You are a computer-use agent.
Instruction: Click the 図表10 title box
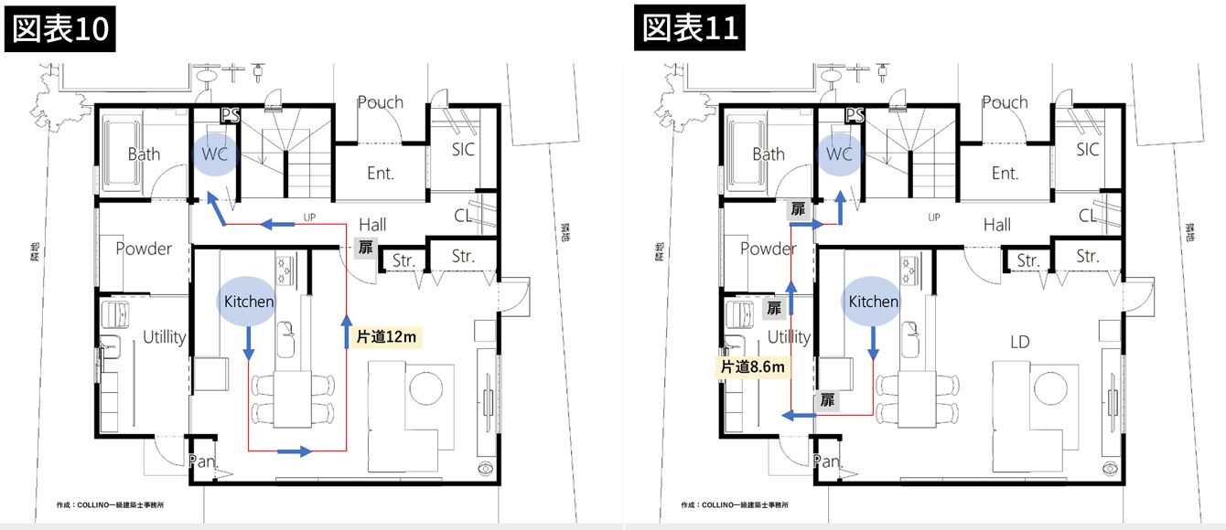pos(59,29)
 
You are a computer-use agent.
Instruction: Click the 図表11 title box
pos(690,27)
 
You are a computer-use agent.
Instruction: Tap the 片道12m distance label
pos(386,336)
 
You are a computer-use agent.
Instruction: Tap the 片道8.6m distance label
pos(753,366)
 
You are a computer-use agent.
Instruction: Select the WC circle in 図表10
pos(215,154)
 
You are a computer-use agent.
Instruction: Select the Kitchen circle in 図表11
pos(874,301)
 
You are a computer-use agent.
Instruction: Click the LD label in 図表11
pos(1020,342)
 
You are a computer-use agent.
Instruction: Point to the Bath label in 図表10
pos(144,154)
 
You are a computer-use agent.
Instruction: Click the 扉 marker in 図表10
pos(366,248)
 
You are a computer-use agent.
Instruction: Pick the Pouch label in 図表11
pos(1005,102)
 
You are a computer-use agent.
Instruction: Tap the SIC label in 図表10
pos(463,149)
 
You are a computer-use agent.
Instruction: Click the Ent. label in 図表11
pos(1005,174)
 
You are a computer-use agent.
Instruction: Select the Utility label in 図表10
pos(164,336)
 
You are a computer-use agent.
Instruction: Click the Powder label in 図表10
pos(144,249)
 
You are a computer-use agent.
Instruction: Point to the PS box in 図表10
pos(231,115)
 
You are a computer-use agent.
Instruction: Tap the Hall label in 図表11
pos(996,225)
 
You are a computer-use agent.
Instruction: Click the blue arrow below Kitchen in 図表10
pos(249,344)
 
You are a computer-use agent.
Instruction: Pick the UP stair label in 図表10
pos(309,217)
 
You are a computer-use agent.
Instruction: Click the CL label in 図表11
pos(1087,216)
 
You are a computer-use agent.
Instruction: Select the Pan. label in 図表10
pos(202,461)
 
